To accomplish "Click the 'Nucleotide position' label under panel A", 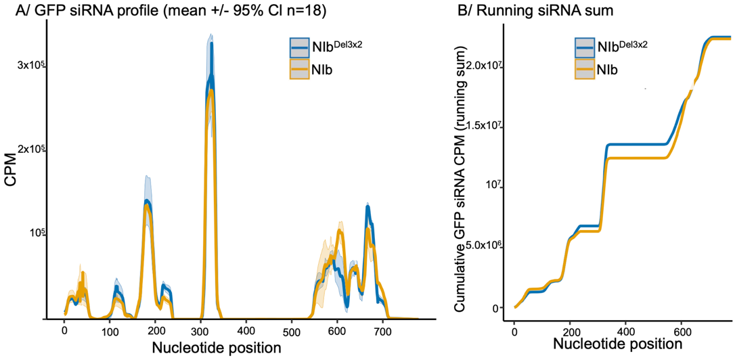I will click(217, 348).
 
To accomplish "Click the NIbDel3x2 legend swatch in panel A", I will click(300, 47).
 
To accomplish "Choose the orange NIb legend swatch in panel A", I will click(300, 69).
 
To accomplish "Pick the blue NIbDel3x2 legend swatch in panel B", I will click(585, 47).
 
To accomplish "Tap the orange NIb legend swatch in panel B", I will click(585, 69).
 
